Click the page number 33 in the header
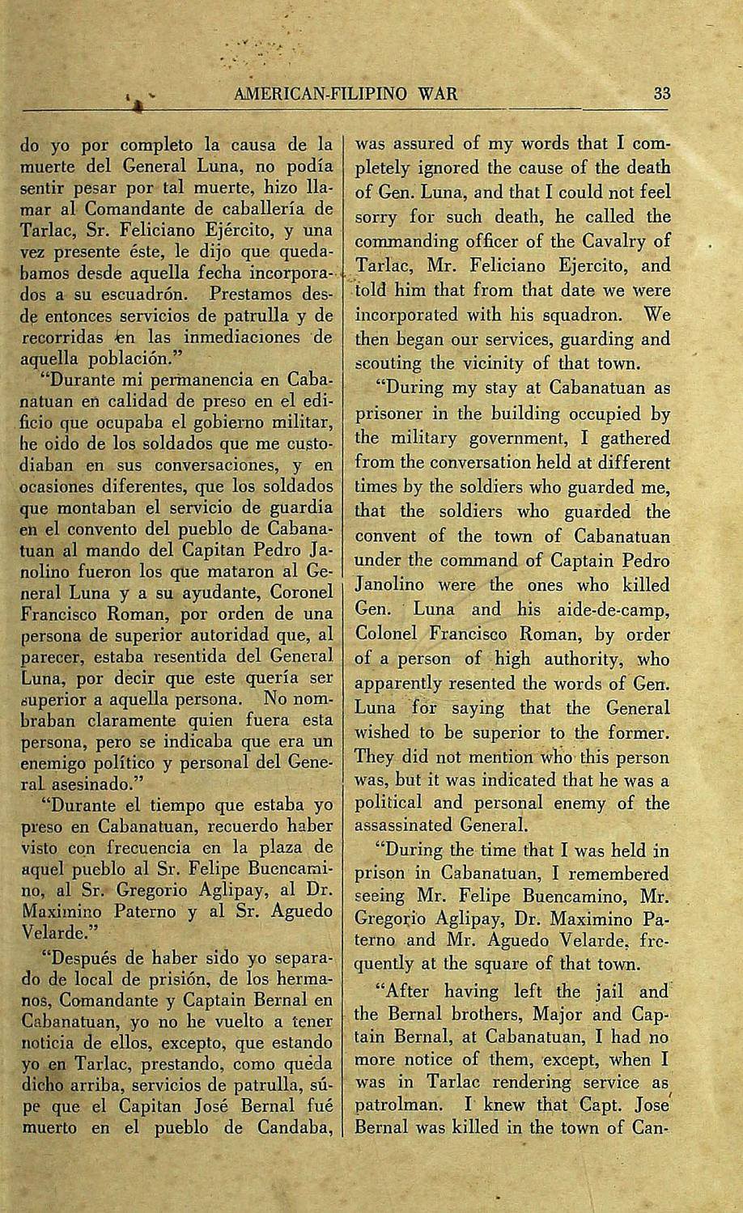click(662, 93)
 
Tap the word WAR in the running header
click(439, 93)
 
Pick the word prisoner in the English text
click(390, 414)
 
